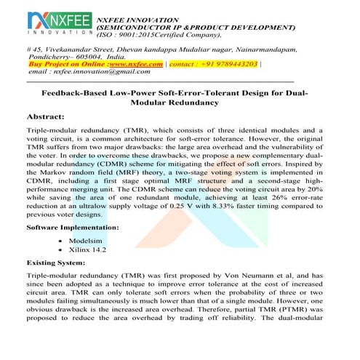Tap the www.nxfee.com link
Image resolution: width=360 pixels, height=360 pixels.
click(135, 64)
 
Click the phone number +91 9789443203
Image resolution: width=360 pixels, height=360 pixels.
click(227, 64)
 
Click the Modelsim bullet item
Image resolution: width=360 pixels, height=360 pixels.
click(84, 239)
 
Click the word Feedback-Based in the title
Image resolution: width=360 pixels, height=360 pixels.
click(75, 94)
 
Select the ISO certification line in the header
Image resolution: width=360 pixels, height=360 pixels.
click(160, 33)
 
